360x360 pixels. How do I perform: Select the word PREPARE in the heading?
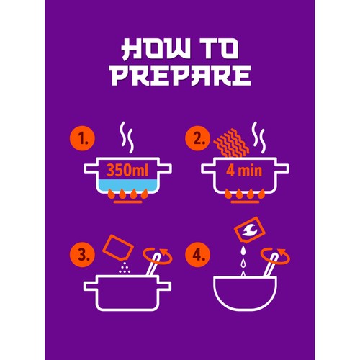pyautogui.click(x=180, y=75)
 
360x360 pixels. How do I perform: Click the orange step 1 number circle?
pyautogui.click(x=82, y=138)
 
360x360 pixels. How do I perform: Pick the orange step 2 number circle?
pyautogui.click(x=197, y=138)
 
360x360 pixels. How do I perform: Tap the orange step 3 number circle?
pyautogui.click(x=82, y=254)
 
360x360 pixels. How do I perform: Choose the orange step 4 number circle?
pyautogui.click(x=197, y=254)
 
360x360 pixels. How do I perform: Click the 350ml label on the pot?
pyautogui.click(x=127, y=170)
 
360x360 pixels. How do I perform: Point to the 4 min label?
pyautogui.click(x=244, y=171)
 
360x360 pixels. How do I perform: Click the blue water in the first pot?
pyautogui.click(x=127, y=185)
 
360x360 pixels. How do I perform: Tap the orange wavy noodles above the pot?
pyautogui.click(x=232, y=143)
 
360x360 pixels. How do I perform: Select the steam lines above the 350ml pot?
pyautogui.click(x=127, y=138)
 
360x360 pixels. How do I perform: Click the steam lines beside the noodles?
pyautogui.click(x=258, y=138)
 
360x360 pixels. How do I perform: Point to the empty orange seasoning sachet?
pyautogui.click(x=118, y=248)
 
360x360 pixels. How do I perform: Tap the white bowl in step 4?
pyautogui.click(x=245, y=293)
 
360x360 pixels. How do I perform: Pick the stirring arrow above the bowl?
pyautogui.click(x=275, y=256)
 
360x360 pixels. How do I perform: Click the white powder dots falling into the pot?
pyautogui.click(x=125, y=268)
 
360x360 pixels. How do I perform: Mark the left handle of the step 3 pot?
pyautogui.click(x=91, y=286)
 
